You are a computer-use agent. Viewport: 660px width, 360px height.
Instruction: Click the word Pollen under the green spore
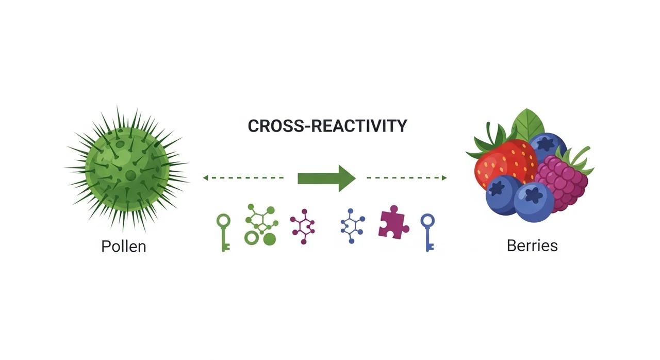(x=124, y=246)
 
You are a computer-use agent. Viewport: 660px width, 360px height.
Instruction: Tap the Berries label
(x=532, y=245)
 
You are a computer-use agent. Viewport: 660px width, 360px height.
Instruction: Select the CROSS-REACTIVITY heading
(x=327, y=126)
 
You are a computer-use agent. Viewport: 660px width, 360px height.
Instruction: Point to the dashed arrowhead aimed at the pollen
(x=205, y=178)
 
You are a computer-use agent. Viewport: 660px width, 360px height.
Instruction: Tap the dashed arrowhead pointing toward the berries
(x=444, y=178)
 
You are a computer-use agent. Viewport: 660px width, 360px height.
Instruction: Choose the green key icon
(x=223, y=232)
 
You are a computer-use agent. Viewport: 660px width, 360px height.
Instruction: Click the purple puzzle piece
(x=393, y=224)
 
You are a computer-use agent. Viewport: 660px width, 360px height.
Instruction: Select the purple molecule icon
(x=303, y=226)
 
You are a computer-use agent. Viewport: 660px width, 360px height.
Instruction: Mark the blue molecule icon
(x=353, y=226)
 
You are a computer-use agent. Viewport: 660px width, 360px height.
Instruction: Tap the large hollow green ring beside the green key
(x=251, y=238)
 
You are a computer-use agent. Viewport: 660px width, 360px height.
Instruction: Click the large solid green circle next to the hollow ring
(x=269, y=239)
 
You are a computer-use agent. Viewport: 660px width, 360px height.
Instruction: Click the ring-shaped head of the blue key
(x=427, y=221)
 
